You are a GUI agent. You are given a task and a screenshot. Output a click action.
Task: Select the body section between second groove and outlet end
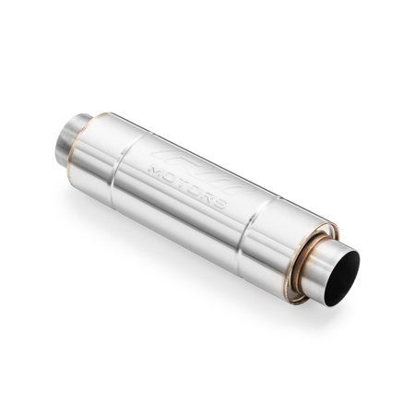(277, 244)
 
